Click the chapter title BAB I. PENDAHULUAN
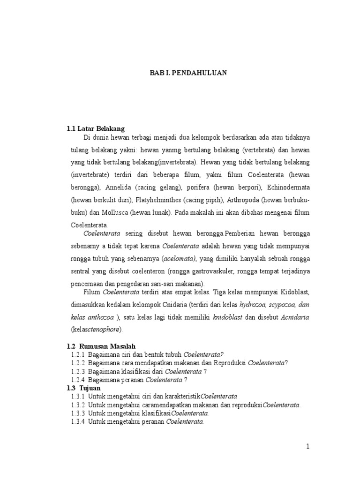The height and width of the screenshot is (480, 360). point(188,73)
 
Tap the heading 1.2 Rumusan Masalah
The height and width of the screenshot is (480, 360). point(101,346)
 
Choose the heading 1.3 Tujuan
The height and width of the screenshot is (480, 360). point(83,389)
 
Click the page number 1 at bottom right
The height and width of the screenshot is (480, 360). point(307,447)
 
